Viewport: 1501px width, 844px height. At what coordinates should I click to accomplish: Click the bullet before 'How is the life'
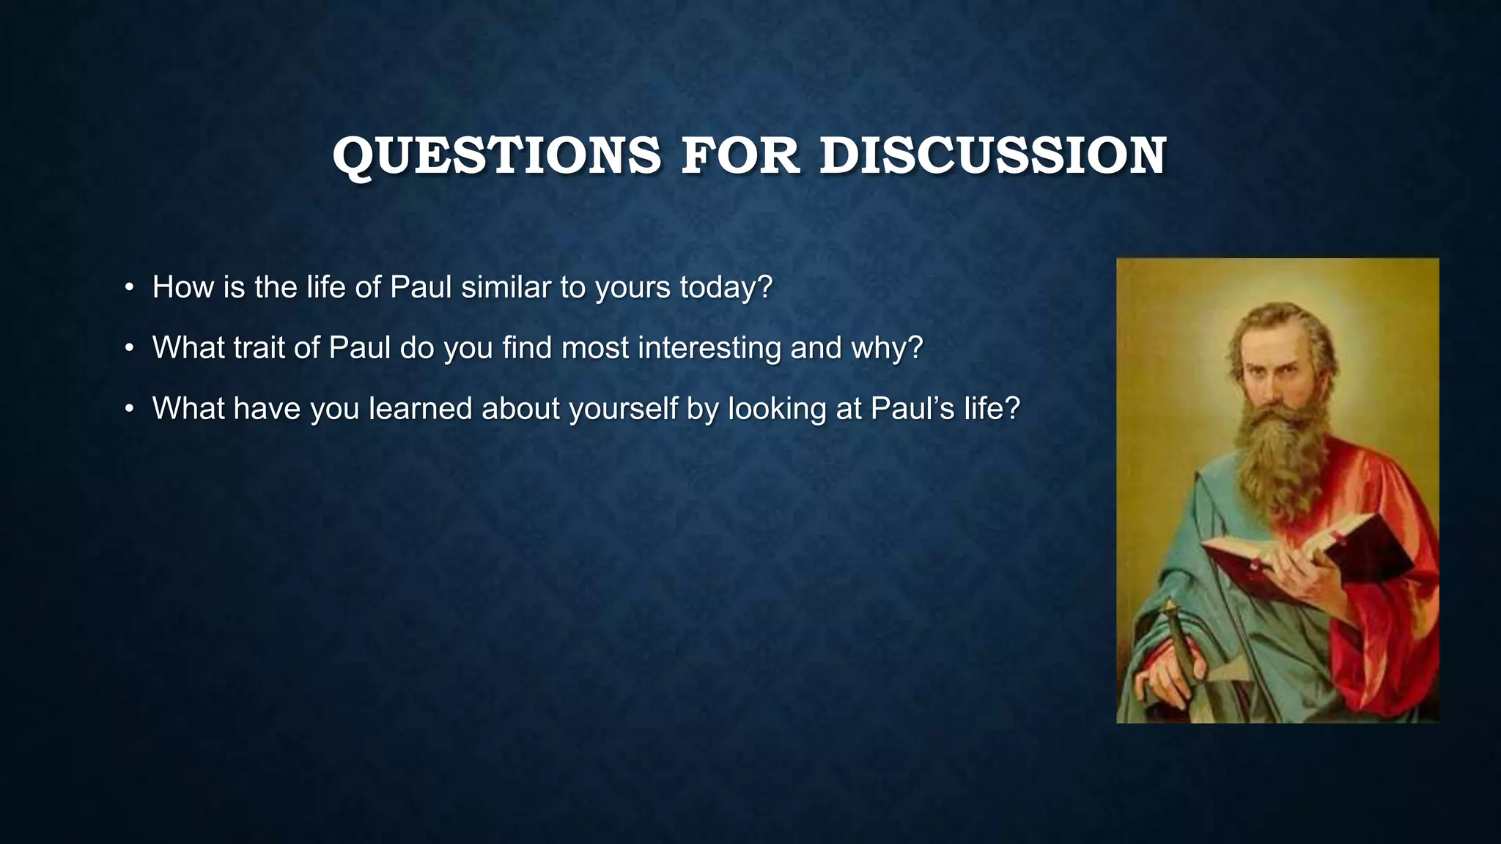pos(129,287)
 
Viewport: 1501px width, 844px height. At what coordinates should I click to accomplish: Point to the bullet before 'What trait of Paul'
pos(129,348)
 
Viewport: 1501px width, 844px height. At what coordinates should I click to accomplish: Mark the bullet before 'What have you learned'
pos(129,409)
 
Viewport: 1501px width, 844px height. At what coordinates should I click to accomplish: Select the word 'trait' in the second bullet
pos(259,348)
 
